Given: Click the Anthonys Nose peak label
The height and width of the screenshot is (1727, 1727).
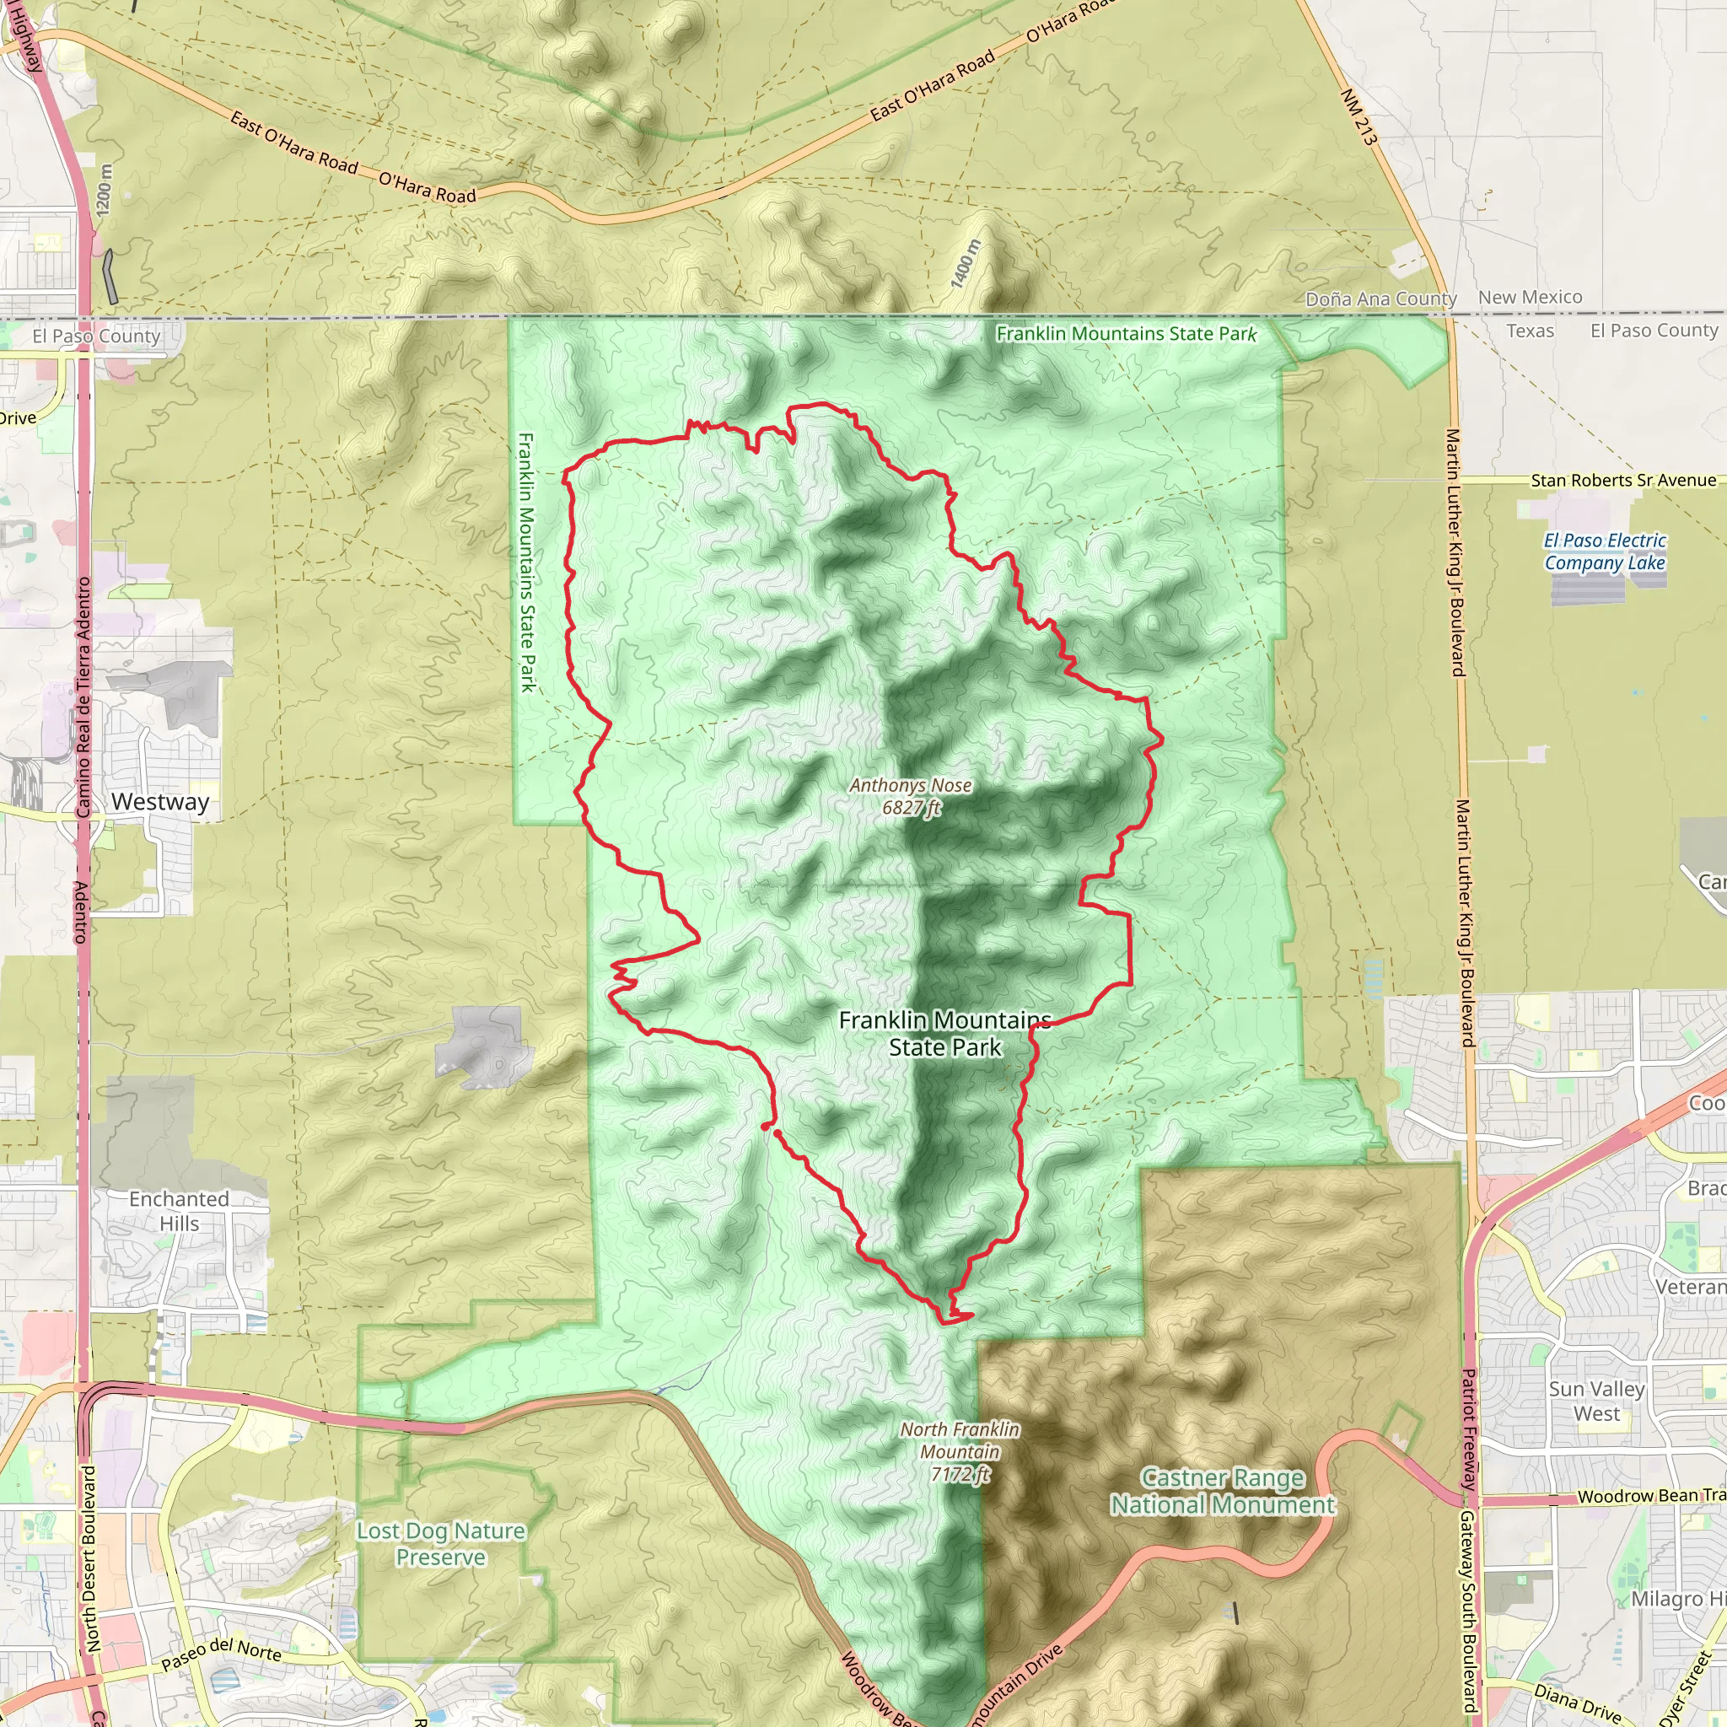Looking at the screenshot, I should click(x=910, y=795).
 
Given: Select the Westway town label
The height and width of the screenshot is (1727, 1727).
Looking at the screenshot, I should click(x=160, y=802).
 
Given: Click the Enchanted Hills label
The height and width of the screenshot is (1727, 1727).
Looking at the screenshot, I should click(x=179, y=1211).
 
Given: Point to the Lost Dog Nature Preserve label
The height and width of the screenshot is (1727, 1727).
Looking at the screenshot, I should click(x=441, y=1544).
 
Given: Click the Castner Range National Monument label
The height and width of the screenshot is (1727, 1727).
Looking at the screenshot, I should click(x=1222, y=1491).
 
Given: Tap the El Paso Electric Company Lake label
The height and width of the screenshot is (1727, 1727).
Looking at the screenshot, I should click(x=1605, y=551).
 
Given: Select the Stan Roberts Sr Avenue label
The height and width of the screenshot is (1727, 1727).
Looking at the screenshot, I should click(x=1623, y=480).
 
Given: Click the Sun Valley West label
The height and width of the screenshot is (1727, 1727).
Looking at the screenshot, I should click(x=1596, y=1402).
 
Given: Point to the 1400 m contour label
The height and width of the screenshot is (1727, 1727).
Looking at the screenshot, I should click(x=966, y=264).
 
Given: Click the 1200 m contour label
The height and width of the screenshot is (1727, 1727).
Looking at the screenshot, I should click(x=105, y=190).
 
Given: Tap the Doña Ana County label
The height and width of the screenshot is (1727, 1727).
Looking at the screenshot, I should click(x=1381, y=299).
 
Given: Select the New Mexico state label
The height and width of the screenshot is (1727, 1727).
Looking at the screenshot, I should click(x=1530, y=297).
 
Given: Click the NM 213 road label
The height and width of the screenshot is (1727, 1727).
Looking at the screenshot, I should click(x=1358, y=117).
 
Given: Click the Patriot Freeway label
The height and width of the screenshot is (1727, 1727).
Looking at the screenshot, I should click(x=1468, y=1429).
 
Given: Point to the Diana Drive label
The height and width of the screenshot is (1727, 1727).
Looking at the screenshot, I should click(x=1577, y=1703).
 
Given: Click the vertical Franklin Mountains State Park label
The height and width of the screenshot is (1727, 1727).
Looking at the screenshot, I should click(x=526, y=562).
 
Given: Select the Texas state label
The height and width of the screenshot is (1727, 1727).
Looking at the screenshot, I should click(x=1530, y=331).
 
